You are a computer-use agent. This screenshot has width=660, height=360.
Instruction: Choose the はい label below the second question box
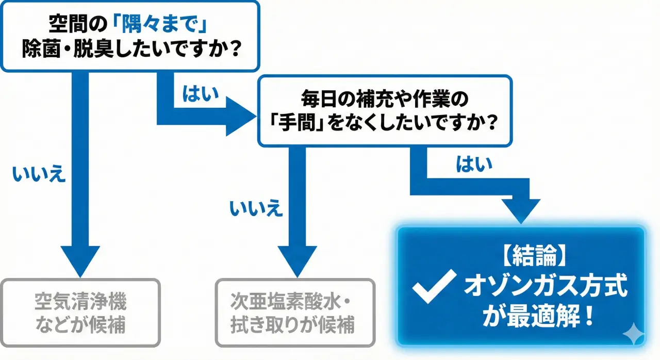(x=474, y=164)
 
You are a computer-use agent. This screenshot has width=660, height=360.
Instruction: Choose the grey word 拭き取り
(x=277, y=326)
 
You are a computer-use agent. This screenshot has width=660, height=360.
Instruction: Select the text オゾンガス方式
(x=547, y=286)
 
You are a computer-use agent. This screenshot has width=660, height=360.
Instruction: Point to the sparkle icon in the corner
(x=634, y=335)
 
